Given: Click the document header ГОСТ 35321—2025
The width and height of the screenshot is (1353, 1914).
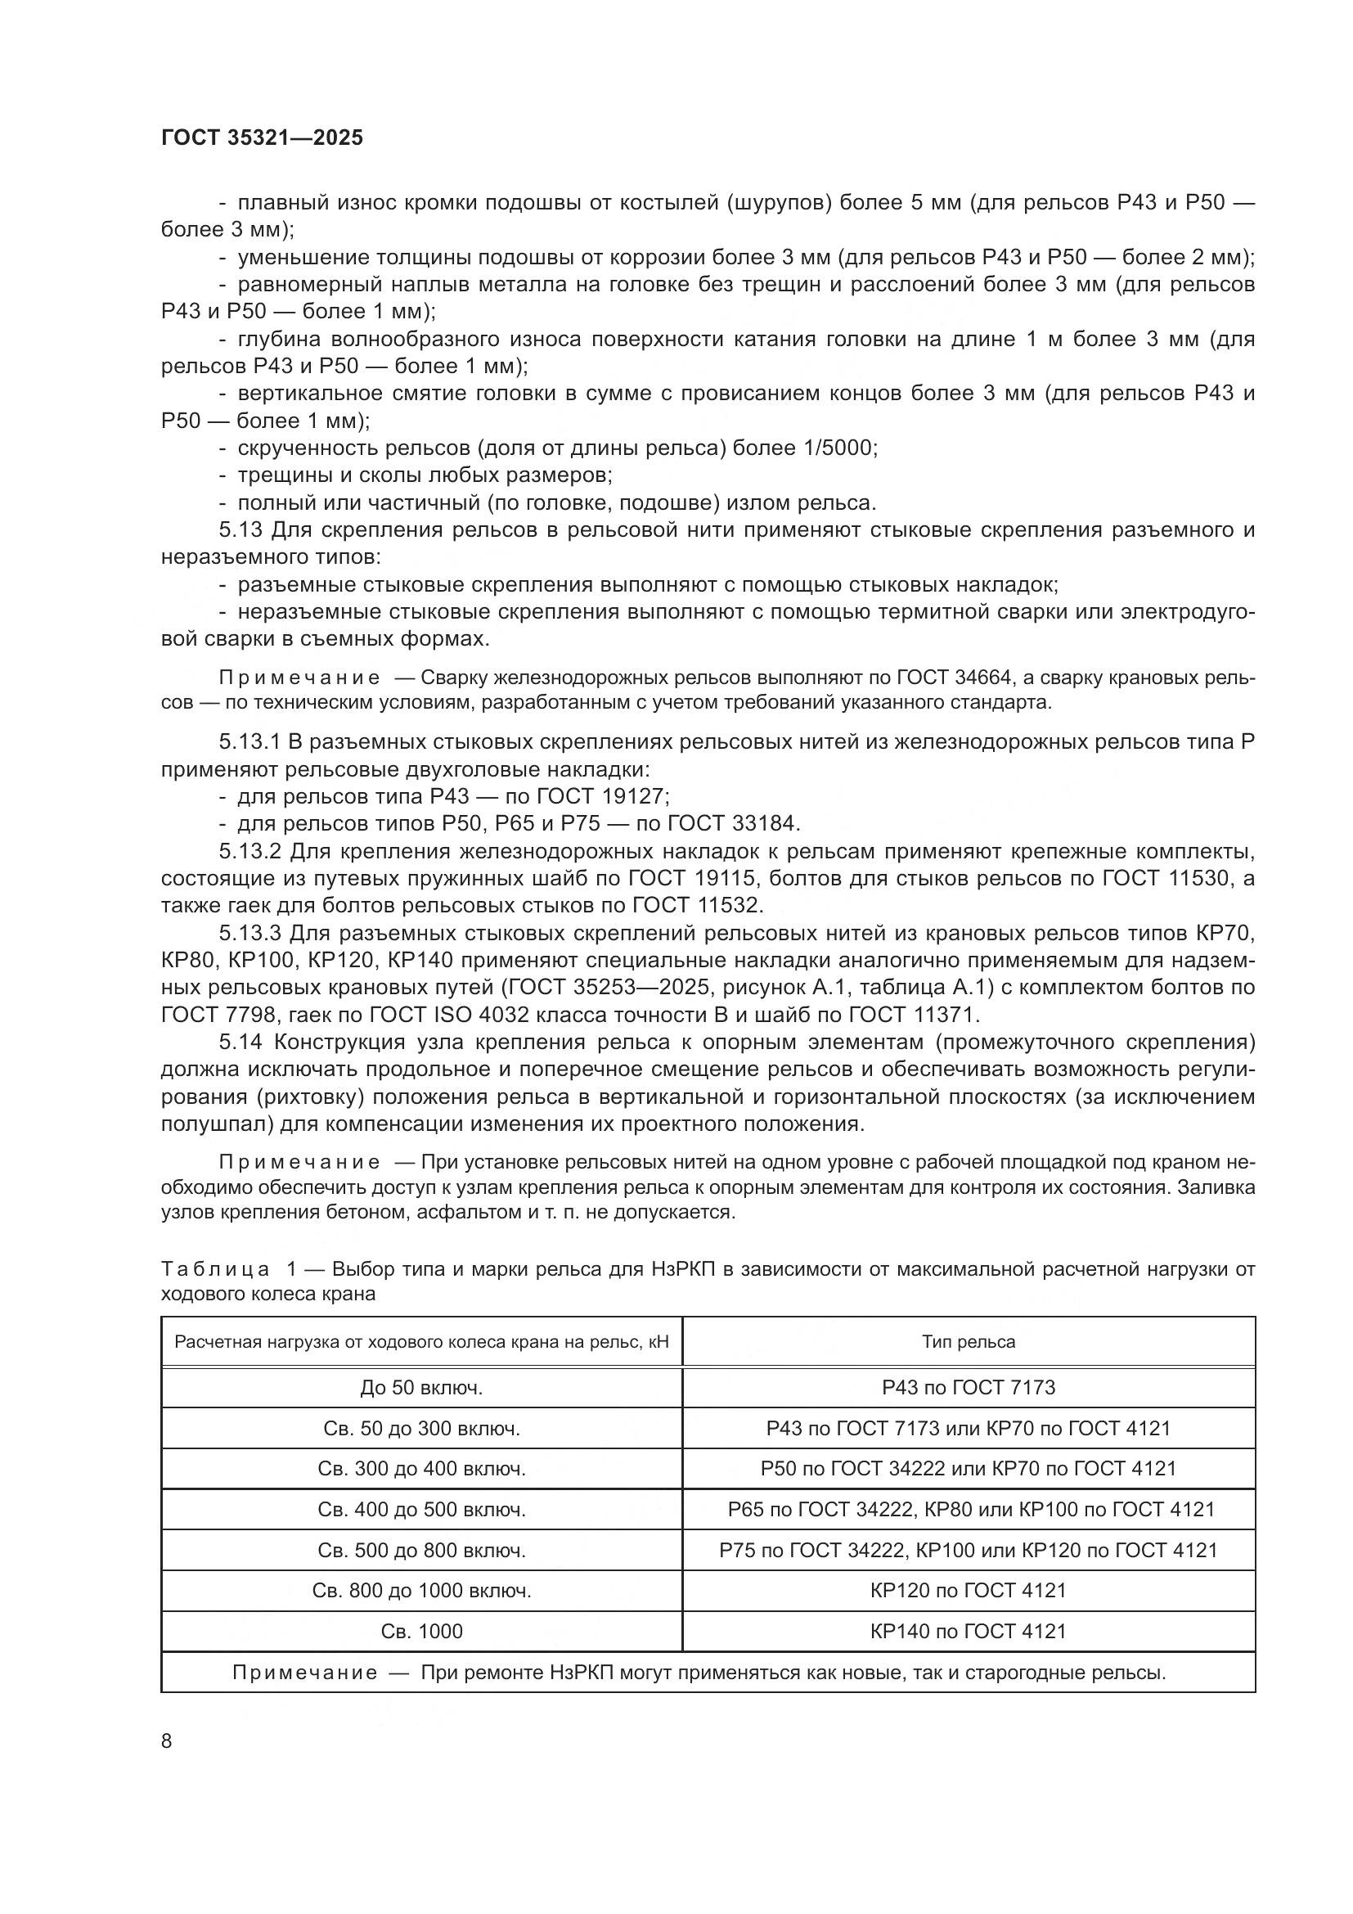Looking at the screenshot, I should click(263, 137).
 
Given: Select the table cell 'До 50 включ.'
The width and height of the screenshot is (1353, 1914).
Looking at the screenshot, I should click(421, 1387).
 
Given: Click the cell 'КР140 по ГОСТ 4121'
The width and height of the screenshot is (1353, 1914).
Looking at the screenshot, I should click(968, 1631).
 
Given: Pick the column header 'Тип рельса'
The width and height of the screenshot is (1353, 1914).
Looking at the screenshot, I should click(968, 1341).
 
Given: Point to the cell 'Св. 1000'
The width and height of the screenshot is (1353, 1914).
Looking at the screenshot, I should click(421, 1631).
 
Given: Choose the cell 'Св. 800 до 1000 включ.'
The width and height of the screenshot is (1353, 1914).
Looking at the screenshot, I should click(421, 1590).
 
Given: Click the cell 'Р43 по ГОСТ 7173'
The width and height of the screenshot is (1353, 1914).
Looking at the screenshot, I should click(968, 1387).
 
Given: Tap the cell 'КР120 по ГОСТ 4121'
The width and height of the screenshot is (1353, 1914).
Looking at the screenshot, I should click(968, 1590).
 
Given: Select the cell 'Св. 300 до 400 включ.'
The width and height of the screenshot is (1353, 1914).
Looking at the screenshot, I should click(421, 1468).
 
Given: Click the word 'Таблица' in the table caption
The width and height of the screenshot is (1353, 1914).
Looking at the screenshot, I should click(215, 1269).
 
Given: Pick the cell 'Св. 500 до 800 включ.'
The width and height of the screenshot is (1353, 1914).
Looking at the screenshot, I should click(421, 1550).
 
